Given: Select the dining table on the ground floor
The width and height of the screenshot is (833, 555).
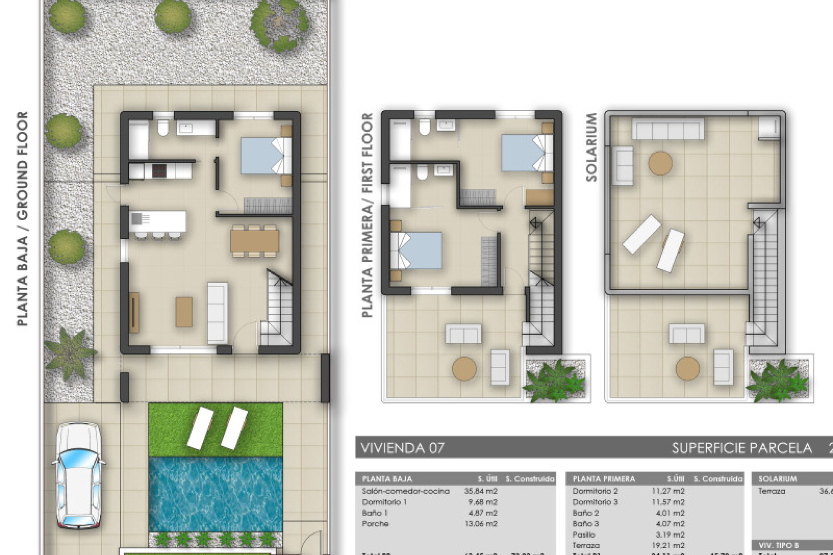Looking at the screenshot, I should click(255, 241).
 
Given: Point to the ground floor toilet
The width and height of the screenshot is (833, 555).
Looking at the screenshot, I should click(163, 127).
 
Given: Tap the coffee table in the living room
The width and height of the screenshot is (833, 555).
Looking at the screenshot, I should click(184, 312).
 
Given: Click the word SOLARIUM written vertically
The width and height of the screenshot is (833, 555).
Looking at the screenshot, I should click(591, 147).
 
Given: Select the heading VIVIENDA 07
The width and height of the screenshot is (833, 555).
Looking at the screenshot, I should click(403, 448).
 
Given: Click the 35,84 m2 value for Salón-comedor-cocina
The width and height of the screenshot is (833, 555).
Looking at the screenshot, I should click(480, 491).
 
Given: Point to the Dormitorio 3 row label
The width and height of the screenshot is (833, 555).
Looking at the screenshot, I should click(595, 502).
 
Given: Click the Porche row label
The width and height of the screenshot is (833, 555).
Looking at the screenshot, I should click(375, 524).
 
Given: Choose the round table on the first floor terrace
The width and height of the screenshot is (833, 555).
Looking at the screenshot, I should click(464, 369).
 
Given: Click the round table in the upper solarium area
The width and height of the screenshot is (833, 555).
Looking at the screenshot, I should click(660, 163).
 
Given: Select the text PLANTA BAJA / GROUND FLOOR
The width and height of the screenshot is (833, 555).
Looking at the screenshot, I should click(22, 219).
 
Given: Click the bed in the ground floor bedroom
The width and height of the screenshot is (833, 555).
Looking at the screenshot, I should click(266, 156).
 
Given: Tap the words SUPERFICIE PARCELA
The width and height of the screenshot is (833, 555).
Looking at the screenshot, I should click(742, 448).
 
